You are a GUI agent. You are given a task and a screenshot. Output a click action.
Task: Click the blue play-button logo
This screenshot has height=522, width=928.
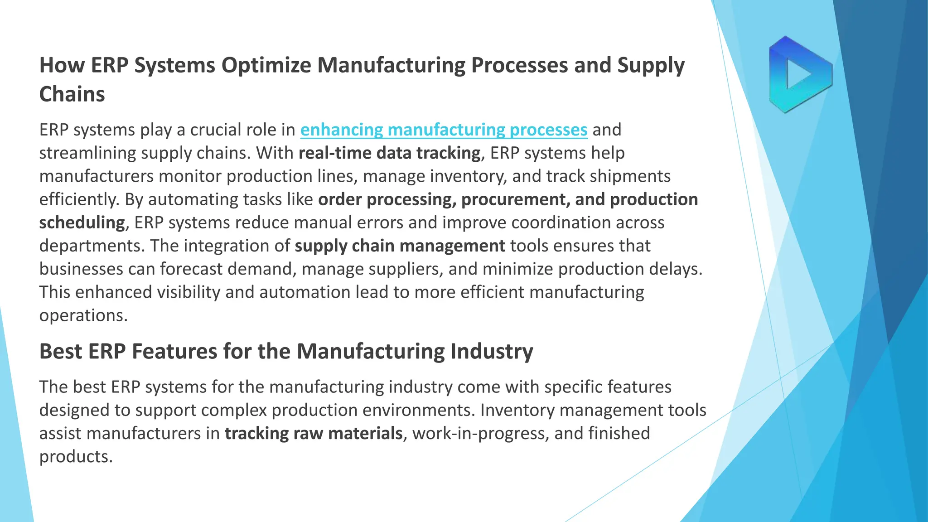point(800,74)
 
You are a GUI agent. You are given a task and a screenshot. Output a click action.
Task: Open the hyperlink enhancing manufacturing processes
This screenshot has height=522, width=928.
point(444,130)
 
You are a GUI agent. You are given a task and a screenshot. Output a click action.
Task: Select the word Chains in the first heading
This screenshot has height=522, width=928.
point(72,94)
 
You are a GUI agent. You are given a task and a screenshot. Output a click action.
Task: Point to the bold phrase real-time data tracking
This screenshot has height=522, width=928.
point(389,153)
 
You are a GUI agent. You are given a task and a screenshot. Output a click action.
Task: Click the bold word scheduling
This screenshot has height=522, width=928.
point(82,222)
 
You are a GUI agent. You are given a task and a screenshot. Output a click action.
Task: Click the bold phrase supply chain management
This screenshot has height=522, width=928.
point(400,246)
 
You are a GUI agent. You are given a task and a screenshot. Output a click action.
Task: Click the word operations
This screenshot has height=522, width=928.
point(83,315)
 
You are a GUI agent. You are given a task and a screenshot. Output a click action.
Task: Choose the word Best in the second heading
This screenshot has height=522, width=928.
point(61,351)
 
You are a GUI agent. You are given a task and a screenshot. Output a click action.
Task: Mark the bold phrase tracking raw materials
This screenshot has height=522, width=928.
point(314,433)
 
